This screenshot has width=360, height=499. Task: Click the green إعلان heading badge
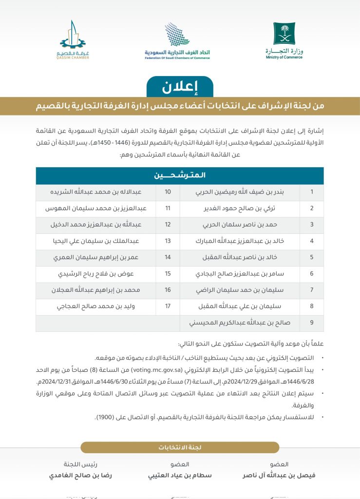tap(180, 87)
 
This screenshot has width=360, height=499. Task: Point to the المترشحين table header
tap(180, 175)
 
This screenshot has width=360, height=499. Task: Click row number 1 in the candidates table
tap(312, 192)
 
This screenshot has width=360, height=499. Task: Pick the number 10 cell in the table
tap(168, 192)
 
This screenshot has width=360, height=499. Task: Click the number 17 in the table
tap(168, 307)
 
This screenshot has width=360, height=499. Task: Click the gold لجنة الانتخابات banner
tap(180, 447)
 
